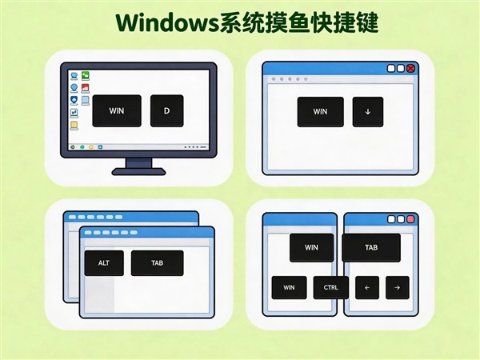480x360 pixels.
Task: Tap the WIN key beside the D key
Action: tap(117, 111)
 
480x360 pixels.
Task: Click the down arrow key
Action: tap(367, 112)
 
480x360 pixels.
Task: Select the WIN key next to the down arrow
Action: tap(320, 112)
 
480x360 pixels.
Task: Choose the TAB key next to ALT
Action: tap(157, 262)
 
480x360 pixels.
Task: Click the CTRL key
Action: tap(330, 287)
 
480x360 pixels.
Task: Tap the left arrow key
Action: tap(366, 287)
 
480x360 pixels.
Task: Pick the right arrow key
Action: tap(398, 287)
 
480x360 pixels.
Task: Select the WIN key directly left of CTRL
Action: tap(289, 287)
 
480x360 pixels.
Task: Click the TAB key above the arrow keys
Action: tap(371, 247)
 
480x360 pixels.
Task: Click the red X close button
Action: tap(411, 69)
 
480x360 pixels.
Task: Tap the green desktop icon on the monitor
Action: tap(85, 76)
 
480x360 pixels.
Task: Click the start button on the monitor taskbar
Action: tap(73, 147)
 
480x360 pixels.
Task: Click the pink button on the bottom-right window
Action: tap(410, 219)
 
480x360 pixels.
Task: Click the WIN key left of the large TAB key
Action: tap(313, 247)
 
